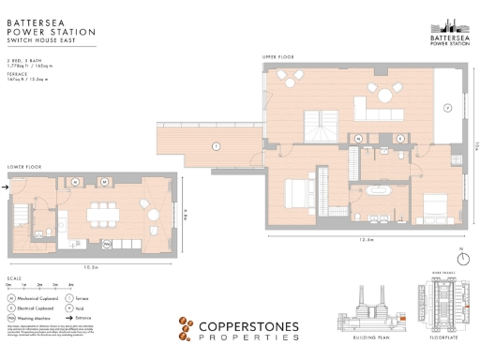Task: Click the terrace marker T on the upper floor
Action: (215, 146)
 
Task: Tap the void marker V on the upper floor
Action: (447, 108)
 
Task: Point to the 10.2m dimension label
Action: (90, 266)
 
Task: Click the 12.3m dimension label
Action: (367, 239)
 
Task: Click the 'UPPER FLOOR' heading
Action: (277, 57)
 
